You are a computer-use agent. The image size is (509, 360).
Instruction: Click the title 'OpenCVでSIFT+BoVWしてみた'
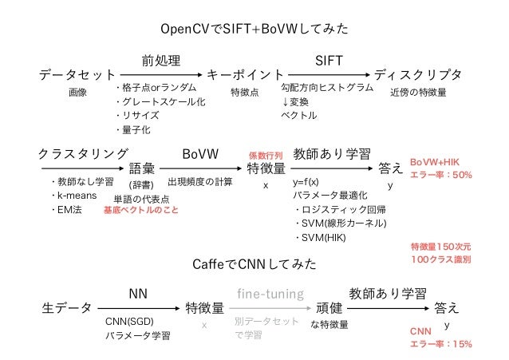(x=254, y=30)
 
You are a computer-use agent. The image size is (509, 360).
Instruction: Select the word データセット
(x=77, y=75)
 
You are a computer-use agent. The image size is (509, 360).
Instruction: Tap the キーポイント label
(x=245, y=75)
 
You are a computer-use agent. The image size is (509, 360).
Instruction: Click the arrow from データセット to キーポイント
(x=160, y=75)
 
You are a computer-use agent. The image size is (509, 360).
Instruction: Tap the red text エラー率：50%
(x=441, y=174)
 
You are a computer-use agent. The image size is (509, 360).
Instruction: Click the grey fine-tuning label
(x=270, y=294)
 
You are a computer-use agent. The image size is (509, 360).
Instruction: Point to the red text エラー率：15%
(x=441, y=344)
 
